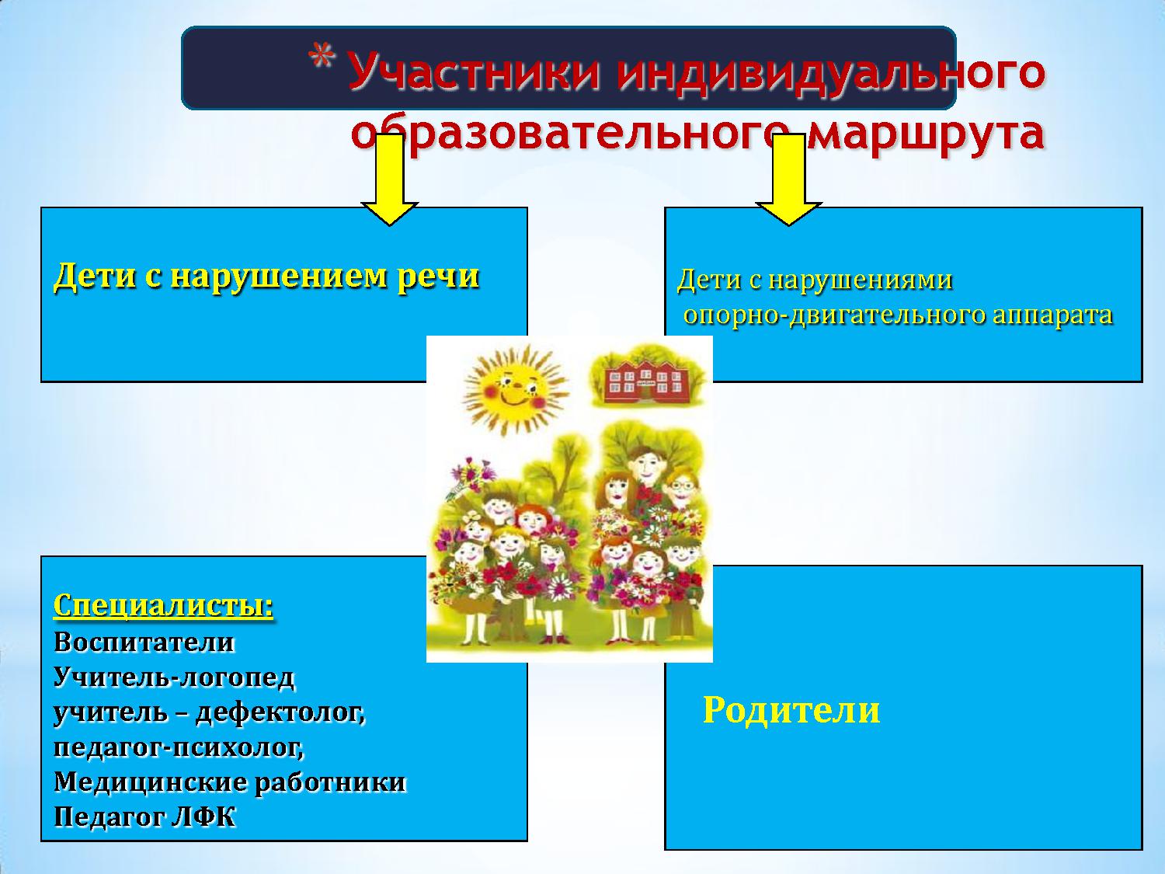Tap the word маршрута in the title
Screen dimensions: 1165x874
(926, 133)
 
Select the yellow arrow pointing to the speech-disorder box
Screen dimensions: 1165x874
(389, 180)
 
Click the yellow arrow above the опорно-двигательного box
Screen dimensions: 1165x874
(788, 180)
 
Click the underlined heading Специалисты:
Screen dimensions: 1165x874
(163, 605)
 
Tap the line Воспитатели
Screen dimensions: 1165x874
(144, 642)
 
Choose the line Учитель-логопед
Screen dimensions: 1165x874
(173, 677)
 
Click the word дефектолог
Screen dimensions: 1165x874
(281, 712)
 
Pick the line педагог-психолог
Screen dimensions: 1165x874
(179, 747)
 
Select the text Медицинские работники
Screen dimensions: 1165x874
(230, 783)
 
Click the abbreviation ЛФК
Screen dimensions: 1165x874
(203, 818)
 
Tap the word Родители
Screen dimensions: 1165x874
(791, 710)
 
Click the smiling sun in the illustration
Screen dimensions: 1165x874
(514, 391)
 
